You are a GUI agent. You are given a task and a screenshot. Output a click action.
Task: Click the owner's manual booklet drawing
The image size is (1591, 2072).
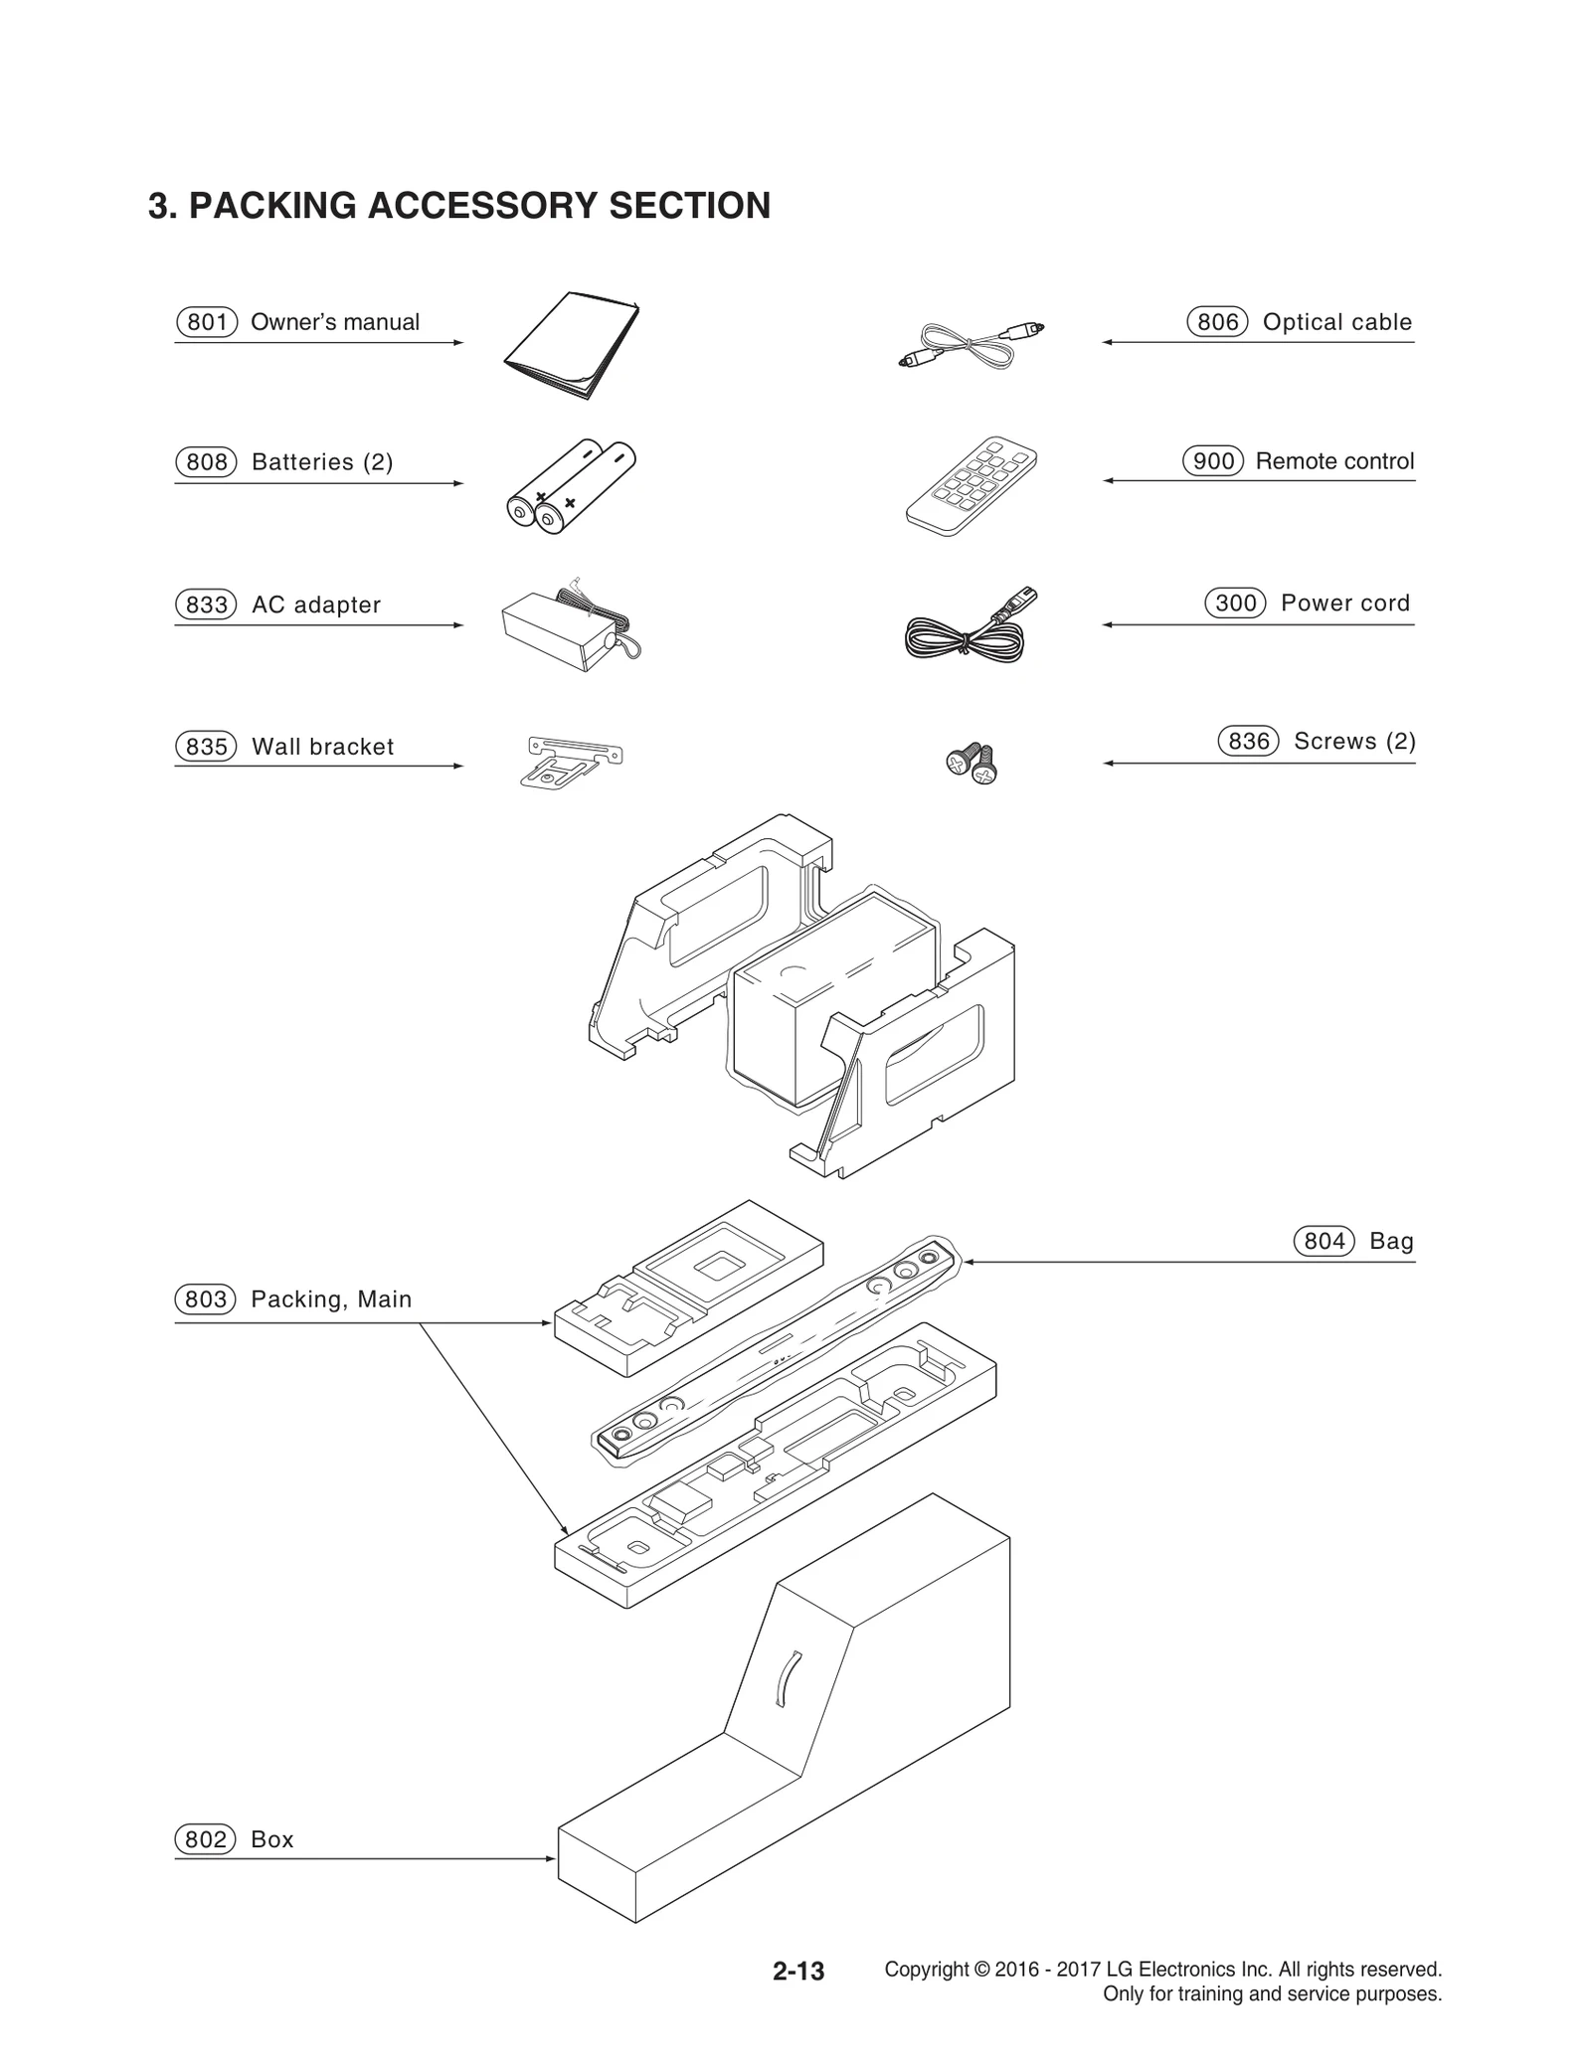point(572,345)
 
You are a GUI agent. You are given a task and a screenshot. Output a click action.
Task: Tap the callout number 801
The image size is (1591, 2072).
point(207,322)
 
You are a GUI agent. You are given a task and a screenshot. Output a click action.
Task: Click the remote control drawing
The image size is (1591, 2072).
point(971,486)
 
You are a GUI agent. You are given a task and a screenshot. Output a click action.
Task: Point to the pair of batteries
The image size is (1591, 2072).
point(570,486)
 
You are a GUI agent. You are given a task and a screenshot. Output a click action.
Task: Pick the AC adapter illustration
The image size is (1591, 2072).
point(567,626)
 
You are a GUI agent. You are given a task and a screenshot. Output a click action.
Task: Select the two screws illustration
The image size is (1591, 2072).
point(972,763)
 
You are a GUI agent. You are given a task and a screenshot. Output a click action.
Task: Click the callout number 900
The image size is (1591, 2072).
point(1212,461)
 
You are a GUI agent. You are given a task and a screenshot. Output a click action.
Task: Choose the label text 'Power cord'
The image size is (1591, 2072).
point(1344,603)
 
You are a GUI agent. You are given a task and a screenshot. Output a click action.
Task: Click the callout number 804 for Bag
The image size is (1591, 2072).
point(1324,1241)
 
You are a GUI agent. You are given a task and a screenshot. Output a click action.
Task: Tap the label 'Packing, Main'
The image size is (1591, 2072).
point(331,1299)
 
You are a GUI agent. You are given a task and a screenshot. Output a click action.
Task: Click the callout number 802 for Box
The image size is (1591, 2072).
point(206,1839)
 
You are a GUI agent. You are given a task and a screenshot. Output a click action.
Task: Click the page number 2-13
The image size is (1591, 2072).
point(798,1971)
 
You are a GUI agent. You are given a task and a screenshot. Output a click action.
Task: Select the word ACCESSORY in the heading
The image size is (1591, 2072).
point(482,206)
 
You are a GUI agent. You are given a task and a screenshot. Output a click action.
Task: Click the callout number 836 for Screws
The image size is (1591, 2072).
point(1248,741)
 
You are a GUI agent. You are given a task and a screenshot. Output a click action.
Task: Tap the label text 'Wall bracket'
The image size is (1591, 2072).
point(323,747)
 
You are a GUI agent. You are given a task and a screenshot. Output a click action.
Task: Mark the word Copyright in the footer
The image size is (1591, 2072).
point(926,1969)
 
